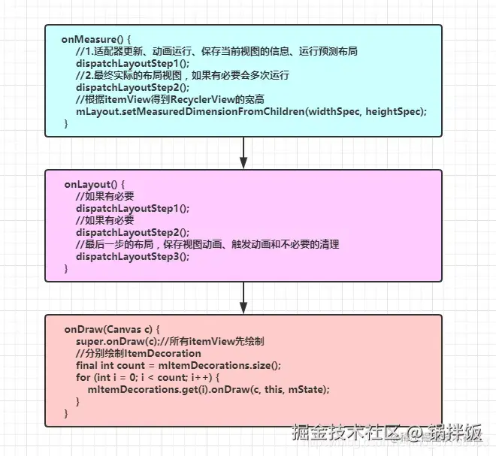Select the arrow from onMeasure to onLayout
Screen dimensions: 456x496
pos(243,153)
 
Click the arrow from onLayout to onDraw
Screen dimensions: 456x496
pos(243,297)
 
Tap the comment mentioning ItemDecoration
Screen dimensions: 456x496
pos(138,353)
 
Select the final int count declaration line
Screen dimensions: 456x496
pos(178,365)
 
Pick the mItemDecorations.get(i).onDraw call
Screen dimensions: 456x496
pos(209,389)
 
